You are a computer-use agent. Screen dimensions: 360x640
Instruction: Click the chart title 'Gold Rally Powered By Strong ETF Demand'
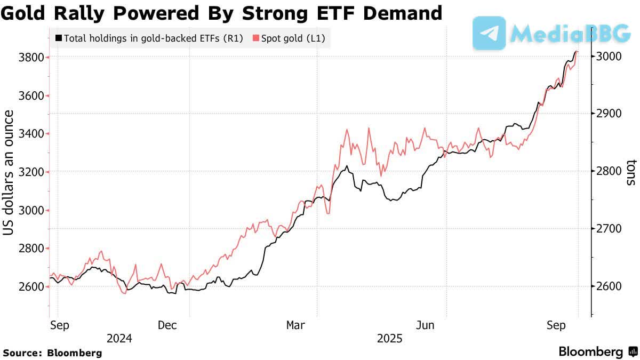[221, 13]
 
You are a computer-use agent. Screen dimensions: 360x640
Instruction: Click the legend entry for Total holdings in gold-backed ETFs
[150, 38]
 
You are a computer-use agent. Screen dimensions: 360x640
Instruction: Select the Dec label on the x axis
[167, 325]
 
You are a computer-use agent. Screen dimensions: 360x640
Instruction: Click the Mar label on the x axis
[296, 325]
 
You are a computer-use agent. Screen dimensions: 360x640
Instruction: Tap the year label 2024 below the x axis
[120, 339]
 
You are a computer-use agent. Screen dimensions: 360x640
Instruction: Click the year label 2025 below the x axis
[390, 339]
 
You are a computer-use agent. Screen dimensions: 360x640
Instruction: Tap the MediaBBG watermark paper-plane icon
[489, 33]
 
